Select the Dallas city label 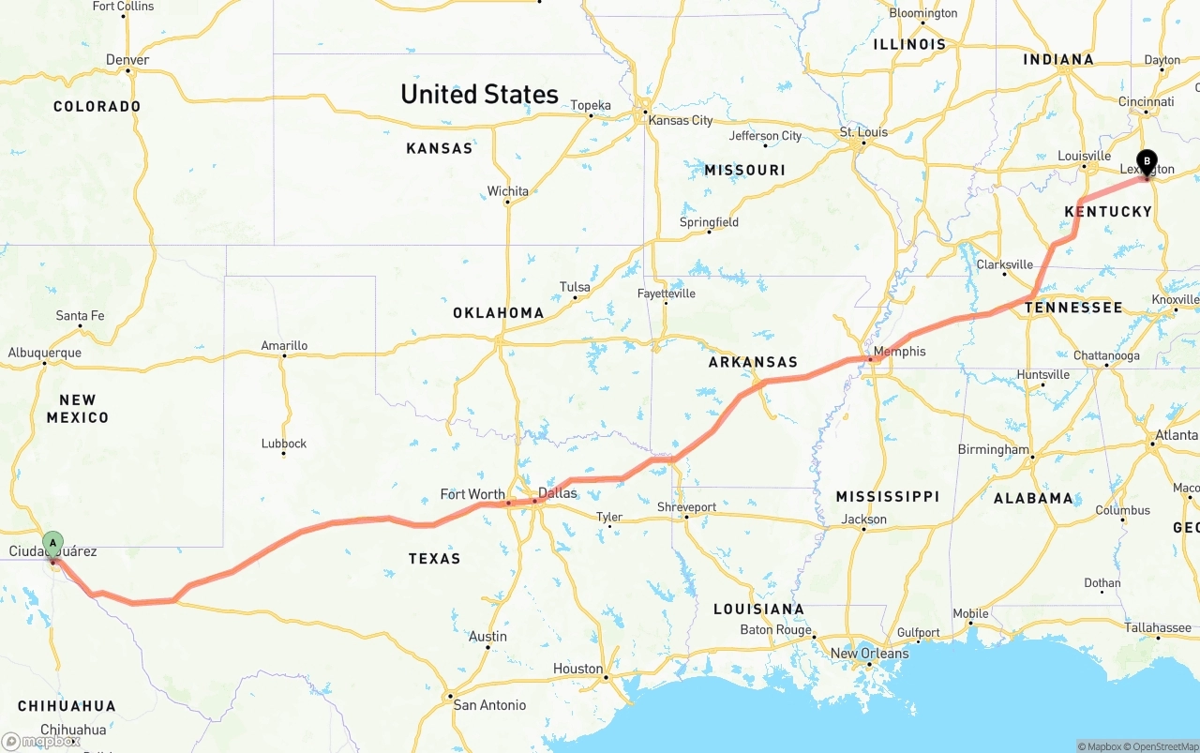[x=558, y=492]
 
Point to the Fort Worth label [x=472, y=494]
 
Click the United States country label [x=479, y=95]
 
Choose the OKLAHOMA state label [x=498, y=313]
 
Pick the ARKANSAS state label [x=753, y=362]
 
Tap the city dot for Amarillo [x=284, y=355]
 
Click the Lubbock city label [x=284, y=444]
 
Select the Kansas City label [x=681, y=120]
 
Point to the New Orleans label [x=869, y=653]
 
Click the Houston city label [x=577, y=669]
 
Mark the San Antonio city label [x=489, y=705]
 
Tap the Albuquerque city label [x=44, y=353]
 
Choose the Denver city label [x=127, y=60]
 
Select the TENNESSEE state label [x=1073, y=308]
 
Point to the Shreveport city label [x=686, y=507]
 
